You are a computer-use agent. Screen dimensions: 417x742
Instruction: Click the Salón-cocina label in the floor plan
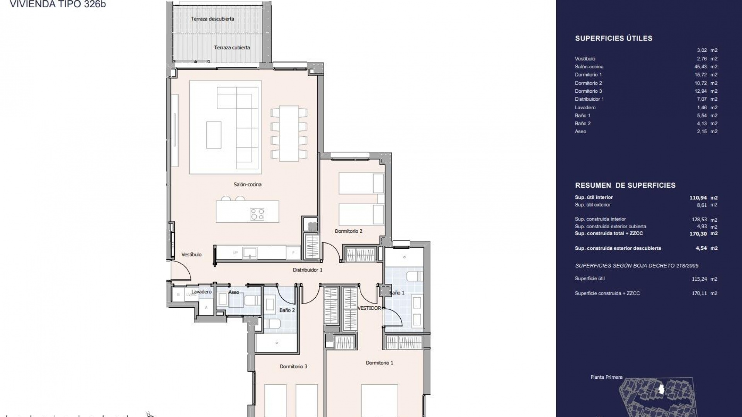coord(247,185)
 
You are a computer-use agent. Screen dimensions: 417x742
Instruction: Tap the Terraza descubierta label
coord(212,19)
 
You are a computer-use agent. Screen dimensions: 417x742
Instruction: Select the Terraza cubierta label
coord(232,47)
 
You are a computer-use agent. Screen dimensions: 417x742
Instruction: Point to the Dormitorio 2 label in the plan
coord(349,231)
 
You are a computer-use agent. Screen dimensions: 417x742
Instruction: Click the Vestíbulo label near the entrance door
coord(191,255)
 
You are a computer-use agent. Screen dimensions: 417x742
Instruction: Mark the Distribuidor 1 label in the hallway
coord(307,270)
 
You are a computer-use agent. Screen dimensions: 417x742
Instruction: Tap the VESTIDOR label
coord(369,308)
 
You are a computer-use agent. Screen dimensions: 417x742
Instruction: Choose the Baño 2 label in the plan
coord(287,310)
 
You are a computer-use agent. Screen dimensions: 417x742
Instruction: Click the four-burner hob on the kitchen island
coord(257,214)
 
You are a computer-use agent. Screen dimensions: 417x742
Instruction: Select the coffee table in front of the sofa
coord(214,135)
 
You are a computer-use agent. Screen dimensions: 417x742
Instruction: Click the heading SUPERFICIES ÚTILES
coord(614,38)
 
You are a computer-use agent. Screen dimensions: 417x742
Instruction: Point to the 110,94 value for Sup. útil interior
coord(698,198)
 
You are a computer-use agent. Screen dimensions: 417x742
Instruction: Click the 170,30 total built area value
coord(698,234)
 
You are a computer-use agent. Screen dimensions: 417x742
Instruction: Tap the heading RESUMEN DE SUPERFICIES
coord(625,185)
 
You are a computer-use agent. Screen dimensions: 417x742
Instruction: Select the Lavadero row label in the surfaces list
coord(585,108)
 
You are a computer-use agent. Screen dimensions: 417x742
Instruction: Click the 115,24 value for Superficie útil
coord(699,279)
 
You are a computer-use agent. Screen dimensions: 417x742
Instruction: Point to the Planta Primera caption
coord(606,377)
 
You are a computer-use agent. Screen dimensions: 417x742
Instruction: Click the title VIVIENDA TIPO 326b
coord(58,4)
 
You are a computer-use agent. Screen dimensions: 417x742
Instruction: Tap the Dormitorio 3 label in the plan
coord(293,366)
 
